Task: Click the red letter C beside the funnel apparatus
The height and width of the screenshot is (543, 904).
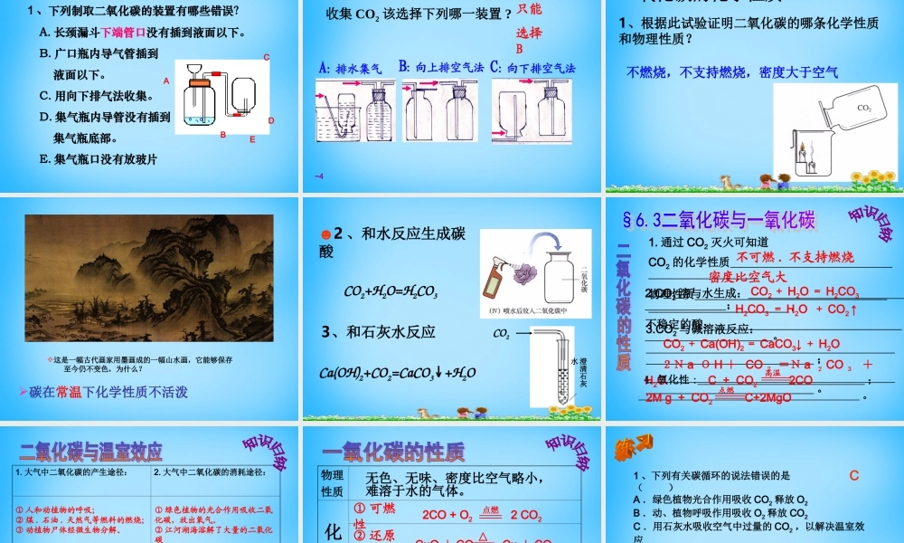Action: [x=267, y=57]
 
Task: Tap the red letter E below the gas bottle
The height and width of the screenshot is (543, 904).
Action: [x=252, y=139]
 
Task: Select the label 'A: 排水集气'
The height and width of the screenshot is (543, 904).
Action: [x=352, y=68]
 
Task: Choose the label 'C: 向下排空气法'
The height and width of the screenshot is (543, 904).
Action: [x=533, y=68]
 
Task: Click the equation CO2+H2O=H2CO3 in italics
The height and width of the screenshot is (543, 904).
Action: [x=391, y=292]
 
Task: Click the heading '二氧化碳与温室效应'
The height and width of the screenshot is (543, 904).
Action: [x=90, y=451]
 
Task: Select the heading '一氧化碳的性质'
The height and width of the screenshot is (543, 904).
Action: [x=393, y=452]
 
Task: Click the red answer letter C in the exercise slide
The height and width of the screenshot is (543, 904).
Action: [x=853, y=474]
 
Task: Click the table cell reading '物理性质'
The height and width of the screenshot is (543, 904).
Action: [x=332, y=483]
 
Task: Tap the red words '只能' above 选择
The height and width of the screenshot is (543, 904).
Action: [x=530, y=8]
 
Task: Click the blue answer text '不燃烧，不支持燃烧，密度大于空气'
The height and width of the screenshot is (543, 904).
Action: [x=732, y=72]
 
